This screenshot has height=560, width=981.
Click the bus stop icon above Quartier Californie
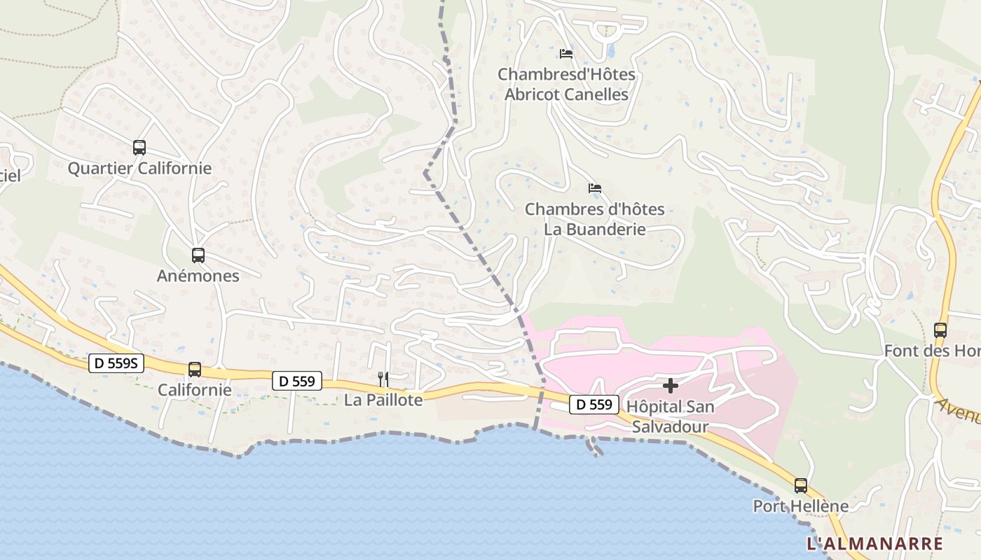coord(139,148)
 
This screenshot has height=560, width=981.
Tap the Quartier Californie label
coord(139,169)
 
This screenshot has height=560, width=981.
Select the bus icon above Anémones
coord(198,255)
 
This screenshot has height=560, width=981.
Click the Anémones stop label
coord(198,276)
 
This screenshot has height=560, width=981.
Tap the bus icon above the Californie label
coord(195,369)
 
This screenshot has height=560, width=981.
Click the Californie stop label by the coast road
coord(195,390)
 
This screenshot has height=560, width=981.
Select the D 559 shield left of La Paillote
coord(297,381)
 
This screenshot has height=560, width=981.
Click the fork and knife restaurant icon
coord(383,379)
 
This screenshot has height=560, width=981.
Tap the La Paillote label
coord(383,400)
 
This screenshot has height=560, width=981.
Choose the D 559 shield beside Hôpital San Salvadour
coord(594,404)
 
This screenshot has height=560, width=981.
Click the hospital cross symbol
coord(671,386)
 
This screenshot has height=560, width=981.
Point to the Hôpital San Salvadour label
coord(670,416)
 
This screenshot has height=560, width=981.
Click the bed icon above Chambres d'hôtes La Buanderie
coord(595,188)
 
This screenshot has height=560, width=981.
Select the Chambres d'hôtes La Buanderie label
coord(595,219)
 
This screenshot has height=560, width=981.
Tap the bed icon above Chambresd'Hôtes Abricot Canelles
coord(566,53)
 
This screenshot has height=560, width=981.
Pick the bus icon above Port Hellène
coord(800,485)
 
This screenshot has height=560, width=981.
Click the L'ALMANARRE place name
coord(874,544)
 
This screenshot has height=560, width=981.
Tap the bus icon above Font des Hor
coord(940,330)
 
